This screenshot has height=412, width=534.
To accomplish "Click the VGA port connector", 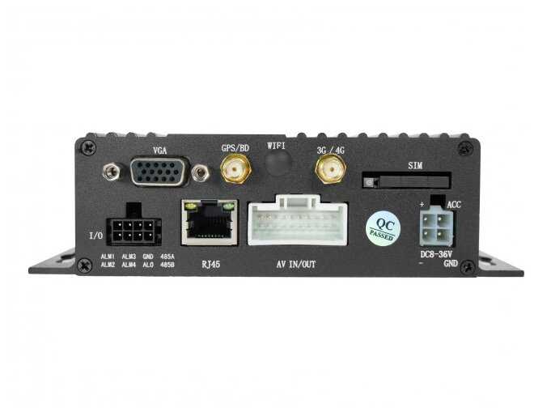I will coord(159,172).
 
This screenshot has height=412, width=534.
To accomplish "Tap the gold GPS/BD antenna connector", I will coord(235,170).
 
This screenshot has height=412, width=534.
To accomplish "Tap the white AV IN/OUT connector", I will coord(298,223).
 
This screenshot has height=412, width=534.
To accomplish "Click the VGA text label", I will coord(160,151).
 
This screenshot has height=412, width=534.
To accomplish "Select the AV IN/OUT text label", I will coord(296,265).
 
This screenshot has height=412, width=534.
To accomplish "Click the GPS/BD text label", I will coord(235,148).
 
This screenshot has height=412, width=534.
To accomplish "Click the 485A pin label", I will coord(167,256).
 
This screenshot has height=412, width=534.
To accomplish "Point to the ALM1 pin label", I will coord(107,256).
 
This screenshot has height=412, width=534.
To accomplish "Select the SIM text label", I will coord(415,165).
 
